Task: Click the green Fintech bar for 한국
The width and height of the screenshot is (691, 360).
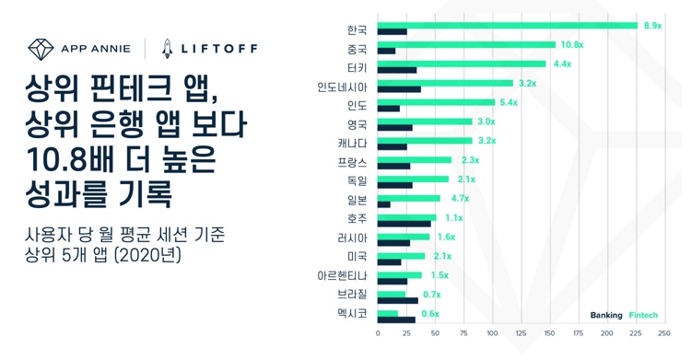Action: click(x=507, y=26)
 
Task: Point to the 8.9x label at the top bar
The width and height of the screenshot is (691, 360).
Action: click(x=652, y=26)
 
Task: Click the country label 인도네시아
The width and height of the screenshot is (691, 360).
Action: click(x=342, y=86)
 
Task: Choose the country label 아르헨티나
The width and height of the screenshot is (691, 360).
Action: click(x=342, y=275)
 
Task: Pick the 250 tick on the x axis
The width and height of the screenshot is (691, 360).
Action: click(x=663, y=333)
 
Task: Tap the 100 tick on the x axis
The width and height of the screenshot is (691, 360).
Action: click(x=492, y=333)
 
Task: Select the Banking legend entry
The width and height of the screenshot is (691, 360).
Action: click(x=606, y=316)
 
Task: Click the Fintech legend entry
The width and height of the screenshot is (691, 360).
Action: click(x=643, y=316)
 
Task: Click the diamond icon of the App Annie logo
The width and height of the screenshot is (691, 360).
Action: click(x=41, y=48)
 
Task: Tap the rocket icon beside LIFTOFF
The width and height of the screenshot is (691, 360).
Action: click(x=168, y=48)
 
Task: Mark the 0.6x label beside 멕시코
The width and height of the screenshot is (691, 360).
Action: click(x=430, y=314)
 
